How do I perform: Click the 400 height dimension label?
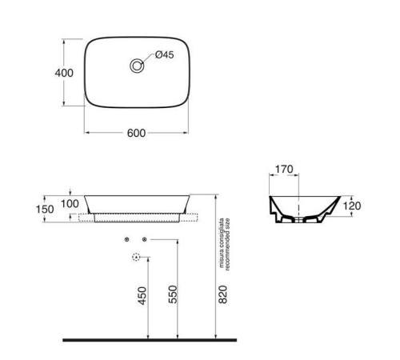point(64,73)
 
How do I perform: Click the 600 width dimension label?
point(136,133)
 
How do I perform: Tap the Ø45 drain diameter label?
point(165,54)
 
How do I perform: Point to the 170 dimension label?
point(284,169)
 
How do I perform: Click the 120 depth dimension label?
point(352,206)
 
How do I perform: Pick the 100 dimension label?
point(70,204)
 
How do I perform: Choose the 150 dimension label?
point(45,210)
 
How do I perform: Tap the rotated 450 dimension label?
point(142,295)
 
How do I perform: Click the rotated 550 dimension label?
point(173,294)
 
